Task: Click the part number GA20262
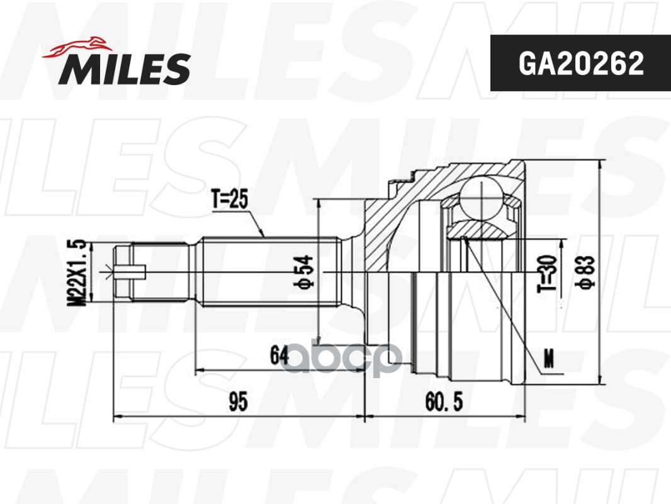(x=580, y=63)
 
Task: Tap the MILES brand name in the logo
(x=125, y=69)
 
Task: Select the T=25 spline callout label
(x=230, y=200)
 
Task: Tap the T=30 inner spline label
(x=546, y=273)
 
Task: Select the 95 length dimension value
(x=237, y=401)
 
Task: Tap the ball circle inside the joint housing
(x=482, y=197)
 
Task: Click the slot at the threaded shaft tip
(x=131, y=272)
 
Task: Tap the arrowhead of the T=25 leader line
(x=262, y=235)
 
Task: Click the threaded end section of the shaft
(x=161, y=272)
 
